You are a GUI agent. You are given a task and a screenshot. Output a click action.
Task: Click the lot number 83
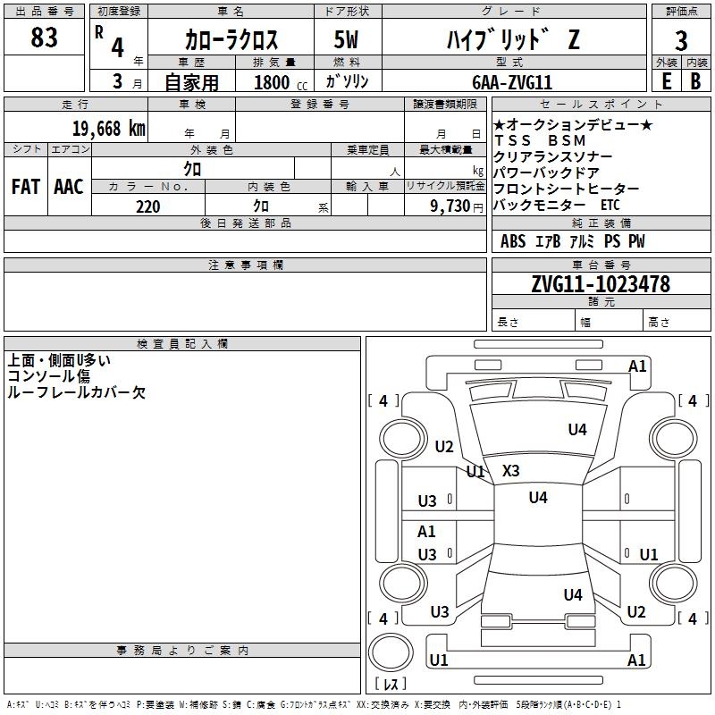(44, 38)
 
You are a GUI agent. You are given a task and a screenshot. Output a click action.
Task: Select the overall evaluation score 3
(681, 40)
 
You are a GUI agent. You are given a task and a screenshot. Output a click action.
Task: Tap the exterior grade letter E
(667, 81)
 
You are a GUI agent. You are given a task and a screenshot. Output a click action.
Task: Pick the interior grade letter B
(695, 81)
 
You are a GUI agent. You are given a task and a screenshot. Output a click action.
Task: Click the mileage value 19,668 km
(108, 128)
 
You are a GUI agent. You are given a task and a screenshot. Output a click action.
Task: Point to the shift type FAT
(26, 187)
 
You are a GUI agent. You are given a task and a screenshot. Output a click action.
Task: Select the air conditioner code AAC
(69, 187)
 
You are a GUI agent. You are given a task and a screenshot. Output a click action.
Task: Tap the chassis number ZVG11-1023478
(600, 284)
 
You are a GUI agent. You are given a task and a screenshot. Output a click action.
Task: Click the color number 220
(147, 206)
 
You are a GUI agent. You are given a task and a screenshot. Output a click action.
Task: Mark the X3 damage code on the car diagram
(510, 470)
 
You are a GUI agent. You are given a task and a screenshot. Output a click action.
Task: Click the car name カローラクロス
(231, 40)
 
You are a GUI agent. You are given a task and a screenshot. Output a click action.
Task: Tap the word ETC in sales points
(610, 205)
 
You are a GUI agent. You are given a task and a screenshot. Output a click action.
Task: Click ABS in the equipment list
(513, 241)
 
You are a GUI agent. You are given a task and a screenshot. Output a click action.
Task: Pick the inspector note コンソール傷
(49, 376)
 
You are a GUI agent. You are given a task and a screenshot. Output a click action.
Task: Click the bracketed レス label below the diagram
(390, 684)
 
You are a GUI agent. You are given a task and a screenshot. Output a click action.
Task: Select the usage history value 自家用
(191, 82)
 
